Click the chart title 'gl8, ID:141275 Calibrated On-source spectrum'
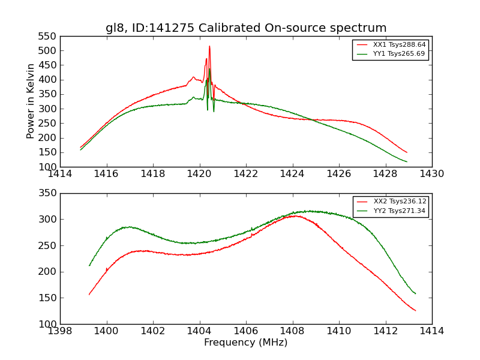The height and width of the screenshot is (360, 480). coord(246,28)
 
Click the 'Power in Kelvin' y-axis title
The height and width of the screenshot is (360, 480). coord(31,101)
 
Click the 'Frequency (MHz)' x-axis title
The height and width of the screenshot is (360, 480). coord(246,343)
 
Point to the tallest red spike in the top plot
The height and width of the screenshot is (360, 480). coord(209,46)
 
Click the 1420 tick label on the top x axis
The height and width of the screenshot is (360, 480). coord(200,173)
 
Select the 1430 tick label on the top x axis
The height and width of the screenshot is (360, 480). coord(432,173)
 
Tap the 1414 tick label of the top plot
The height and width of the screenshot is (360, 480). coord(60,173)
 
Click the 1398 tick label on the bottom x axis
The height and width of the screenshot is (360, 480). coord(60,331)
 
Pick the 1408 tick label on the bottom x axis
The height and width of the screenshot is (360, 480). coord(292,331)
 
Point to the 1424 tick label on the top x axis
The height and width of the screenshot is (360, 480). coord(292,173)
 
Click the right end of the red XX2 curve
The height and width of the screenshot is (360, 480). coord(415,310)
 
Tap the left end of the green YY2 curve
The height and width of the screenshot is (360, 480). coord(89,265)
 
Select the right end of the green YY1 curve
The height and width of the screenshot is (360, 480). coord(407,161)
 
